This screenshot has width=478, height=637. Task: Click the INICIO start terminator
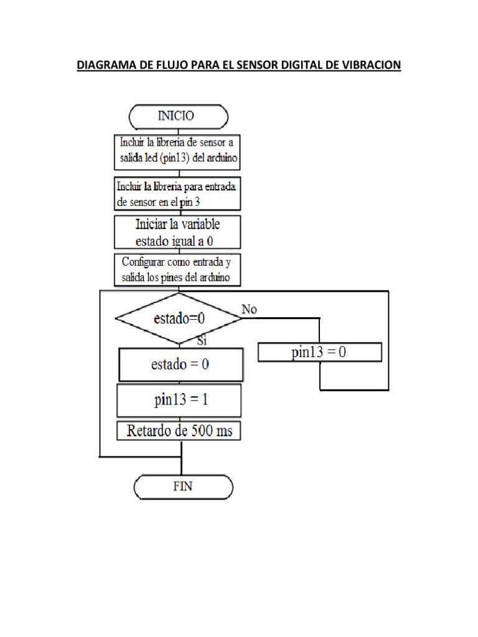pyautogui.click(x=178, y=116)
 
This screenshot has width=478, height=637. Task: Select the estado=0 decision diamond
pyautogui.click(x=178, y=318)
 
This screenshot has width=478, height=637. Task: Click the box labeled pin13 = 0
pyautogui.click(x=319, y=353)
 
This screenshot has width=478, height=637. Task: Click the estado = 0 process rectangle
pyautogui.click(x=180, y=365)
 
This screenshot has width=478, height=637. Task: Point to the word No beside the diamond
pyautogui.click(x=249, y=308)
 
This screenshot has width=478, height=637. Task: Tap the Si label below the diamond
pyautogui.click(x=202, y=340)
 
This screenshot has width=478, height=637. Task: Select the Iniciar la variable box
pyautogui.click(x=177, y=232)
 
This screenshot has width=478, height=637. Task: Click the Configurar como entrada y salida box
pyautogui.click(x=177, y=269)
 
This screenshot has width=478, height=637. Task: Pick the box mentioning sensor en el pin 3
pyautogui.click(x=177, y=193)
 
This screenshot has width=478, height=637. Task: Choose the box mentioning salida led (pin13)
pyautogui.click(x=177, y=152)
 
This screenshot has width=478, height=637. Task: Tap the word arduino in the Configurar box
pyautogui.click(x=212, y=277)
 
